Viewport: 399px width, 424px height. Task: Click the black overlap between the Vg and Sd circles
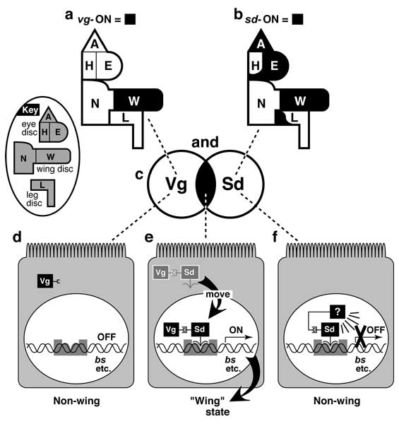206,184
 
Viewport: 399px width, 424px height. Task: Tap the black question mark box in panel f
338,312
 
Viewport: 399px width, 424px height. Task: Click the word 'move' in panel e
218,294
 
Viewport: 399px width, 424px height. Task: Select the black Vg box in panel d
45,281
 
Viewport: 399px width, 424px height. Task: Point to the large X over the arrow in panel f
360,337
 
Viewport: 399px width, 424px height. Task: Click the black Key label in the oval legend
29,110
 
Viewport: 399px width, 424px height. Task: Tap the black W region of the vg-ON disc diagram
138,100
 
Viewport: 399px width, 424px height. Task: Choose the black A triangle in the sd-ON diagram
260,41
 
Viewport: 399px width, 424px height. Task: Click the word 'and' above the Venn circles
205,142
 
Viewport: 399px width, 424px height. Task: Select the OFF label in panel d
107,337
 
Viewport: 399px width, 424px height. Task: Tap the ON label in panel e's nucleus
236,330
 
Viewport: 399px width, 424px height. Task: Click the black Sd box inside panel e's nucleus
200,329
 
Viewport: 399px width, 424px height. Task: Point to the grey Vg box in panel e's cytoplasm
161,273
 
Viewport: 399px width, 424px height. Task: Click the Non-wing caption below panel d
77,401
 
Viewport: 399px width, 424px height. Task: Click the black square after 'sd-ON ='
297,19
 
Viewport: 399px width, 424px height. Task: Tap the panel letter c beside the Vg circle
139,175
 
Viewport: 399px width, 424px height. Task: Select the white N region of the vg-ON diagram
95,102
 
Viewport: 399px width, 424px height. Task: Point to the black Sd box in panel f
330,329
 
